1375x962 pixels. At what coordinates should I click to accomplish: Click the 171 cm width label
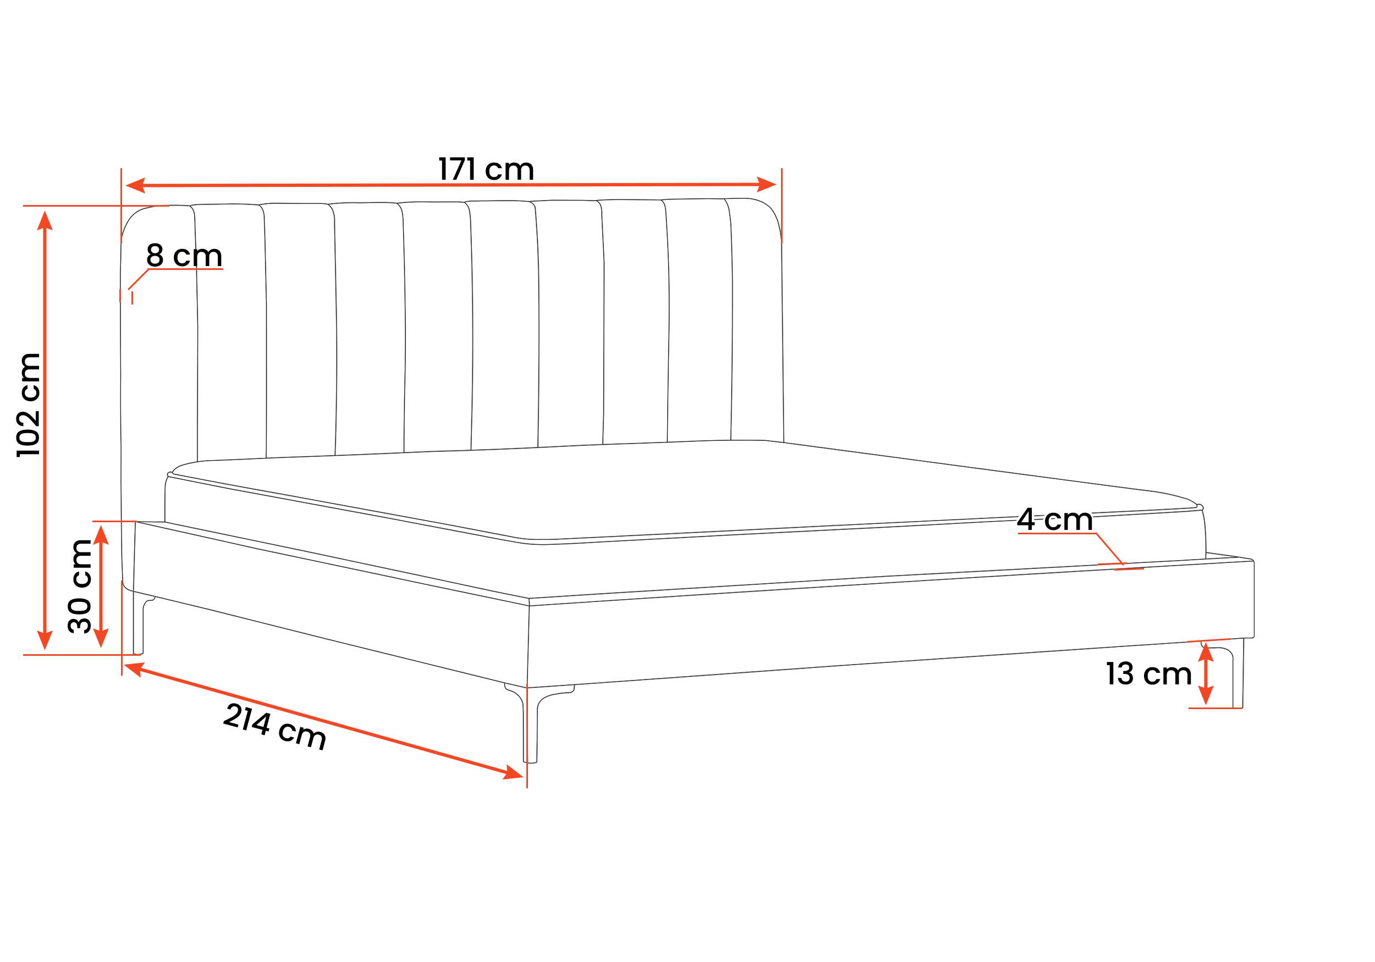point(486,169)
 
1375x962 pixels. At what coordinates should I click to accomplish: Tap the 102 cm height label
point(29,405)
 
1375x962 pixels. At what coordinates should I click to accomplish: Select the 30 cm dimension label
point(80,586)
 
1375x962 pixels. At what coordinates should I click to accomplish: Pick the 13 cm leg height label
point(1148,673)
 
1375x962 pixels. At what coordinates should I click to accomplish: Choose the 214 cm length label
point(275,727)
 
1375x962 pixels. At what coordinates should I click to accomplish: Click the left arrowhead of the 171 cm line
point(135,186)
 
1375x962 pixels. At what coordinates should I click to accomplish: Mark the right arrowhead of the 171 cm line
point(767,184)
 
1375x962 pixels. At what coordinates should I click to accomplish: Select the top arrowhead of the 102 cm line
point(45,220)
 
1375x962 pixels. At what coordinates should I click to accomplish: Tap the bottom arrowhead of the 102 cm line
point(45,640)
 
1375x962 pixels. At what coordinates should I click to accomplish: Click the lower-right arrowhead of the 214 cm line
point(513,773)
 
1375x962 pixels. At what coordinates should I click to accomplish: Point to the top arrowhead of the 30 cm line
point(101,534)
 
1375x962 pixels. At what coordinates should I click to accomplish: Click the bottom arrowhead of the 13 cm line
point(1206,695)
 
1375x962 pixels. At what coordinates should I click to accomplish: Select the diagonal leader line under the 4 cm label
point(1110,549)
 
